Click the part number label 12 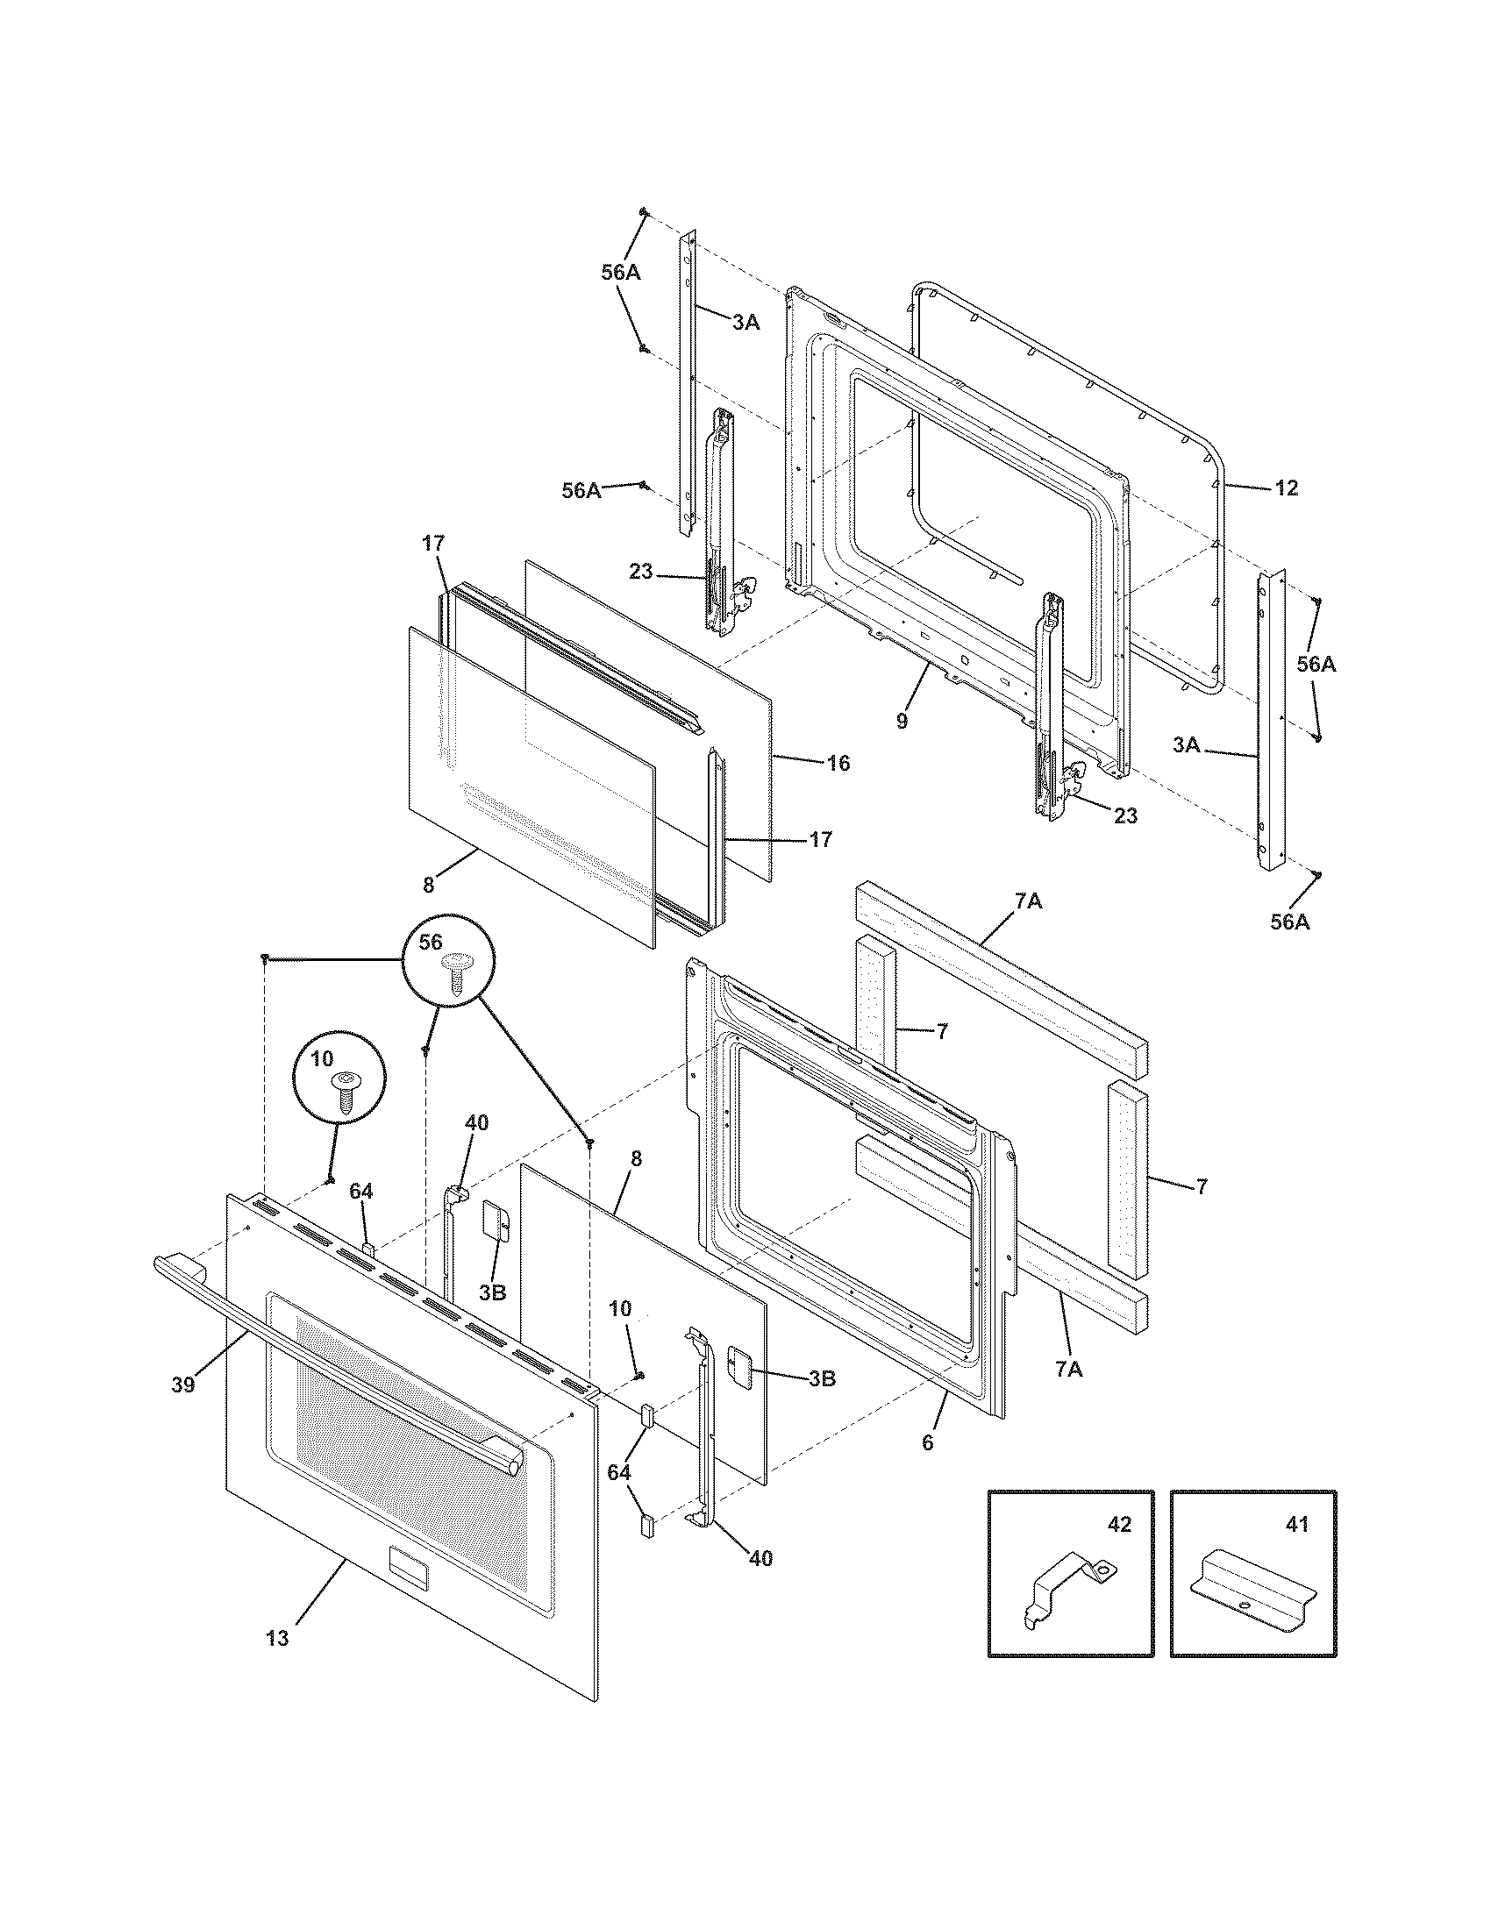tap(1287, 488)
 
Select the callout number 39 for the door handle tap(182, 1384)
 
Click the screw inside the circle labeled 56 tap(457, 974)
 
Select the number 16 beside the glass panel tap(838, 763)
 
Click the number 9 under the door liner tap(901, 722)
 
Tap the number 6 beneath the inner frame tap(927, 1442)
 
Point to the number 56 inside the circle tap(430, 943)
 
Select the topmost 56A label tap(620, 273)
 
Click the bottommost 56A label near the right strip tap(1288, 922)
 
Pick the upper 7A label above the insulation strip tap(1027, 901)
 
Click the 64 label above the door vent tap(360, 1192)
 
